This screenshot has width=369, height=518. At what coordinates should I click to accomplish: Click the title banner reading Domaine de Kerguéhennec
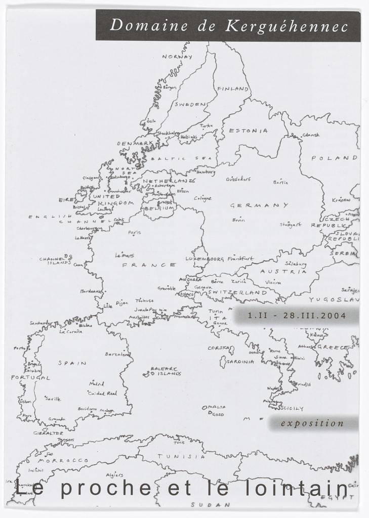pyautogui.click(x=228, y=25)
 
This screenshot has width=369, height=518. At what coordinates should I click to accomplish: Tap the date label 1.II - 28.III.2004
pyautogui.click(x=297, y=316)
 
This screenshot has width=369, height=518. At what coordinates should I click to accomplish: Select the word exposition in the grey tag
pyautogui.click(x=312, y=423)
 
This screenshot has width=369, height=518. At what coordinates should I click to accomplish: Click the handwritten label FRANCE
pyautogui.click(x=149, y=265)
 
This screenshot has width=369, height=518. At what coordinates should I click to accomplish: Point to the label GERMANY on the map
pyautogui.click(x=259, y=205)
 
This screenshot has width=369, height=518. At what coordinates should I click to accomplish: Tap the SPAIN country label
pyautogui.click(x=72, y=363)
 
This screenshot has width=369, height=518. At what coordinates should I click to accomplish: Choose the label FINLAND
pyautogui.click(x=233, y=89)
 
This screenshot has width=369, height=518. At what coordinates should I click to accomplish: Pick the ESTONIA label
pyautogui.click(x=249, y=131)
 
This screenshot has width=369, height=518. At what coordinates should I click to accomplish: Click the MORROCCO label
pyautogui.click(x=64, y=461)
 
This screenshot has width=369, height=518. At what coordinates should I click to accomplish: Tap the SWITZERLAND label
pyautogui.click(x=237, y=292)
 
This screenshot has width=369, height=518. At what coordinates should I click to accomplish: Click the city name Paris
pyautogui.click(x=135, y=233)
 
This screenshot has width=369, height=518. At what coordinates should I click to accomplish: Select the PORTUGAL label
pyautogui.click(x=31, y=377)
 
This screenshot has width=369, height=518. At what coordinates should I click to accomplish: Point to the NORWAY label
pyautogui.click(x=177, y=57)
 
